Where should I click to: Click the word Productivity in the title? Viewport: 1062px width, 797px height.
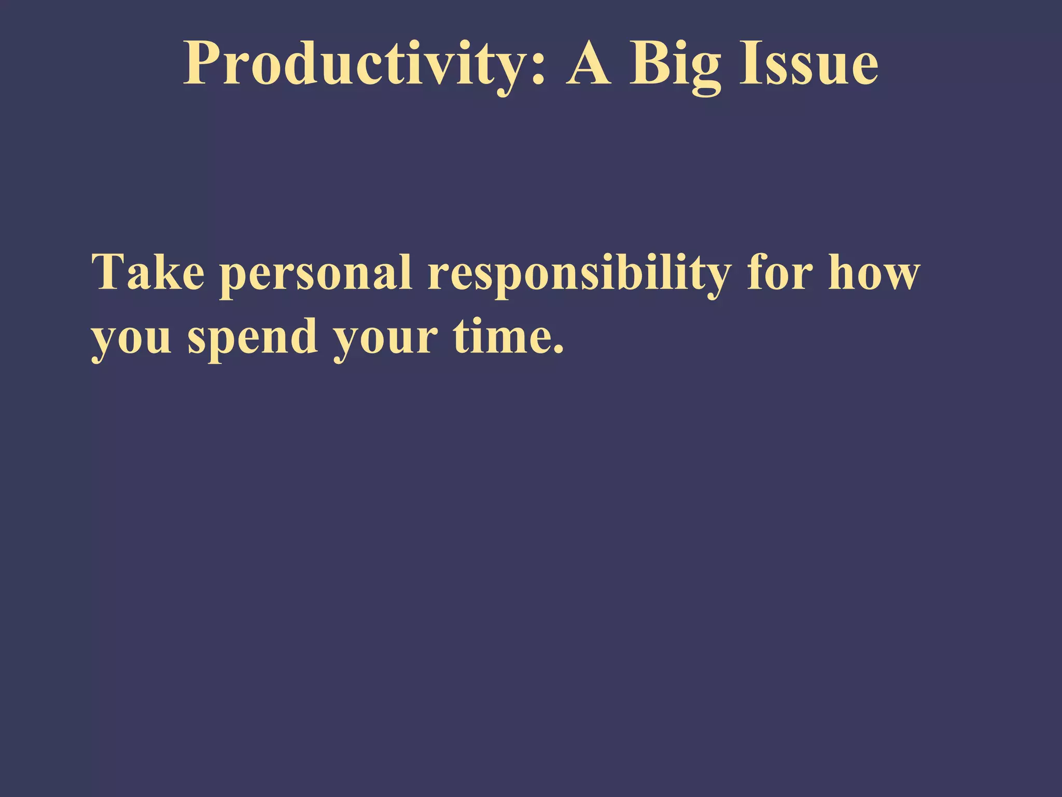tap(358, 64)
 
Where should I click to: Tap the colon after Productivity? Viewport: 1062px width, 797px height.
tap(539, 67)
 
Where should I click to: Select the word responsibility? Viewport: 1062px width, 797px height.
tap(579, 273)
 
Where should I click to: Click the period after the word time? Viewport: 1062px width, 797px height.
tap(558, 350)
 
